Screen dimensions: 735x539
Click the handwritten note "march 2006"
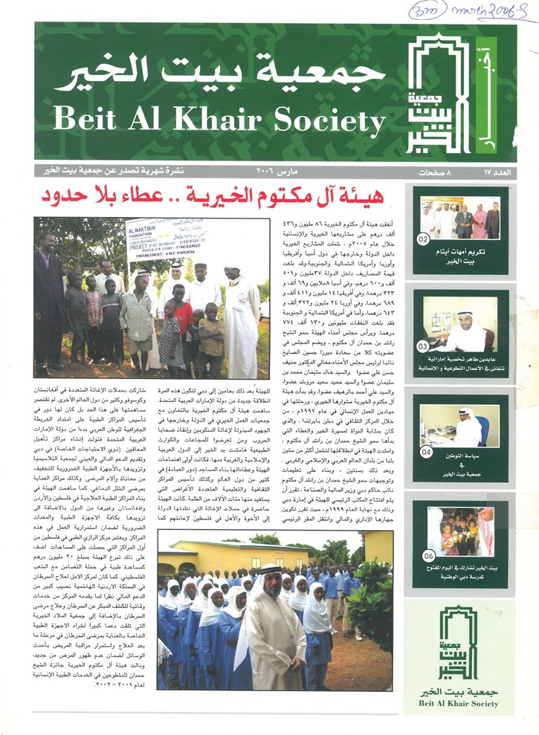point(494,10)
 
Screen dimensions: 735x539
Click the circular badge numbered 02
point(423,240)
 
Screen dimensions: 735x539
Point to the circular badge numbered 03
point(423,325)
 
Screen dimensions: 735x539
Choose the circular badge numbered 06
point(423,554)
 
